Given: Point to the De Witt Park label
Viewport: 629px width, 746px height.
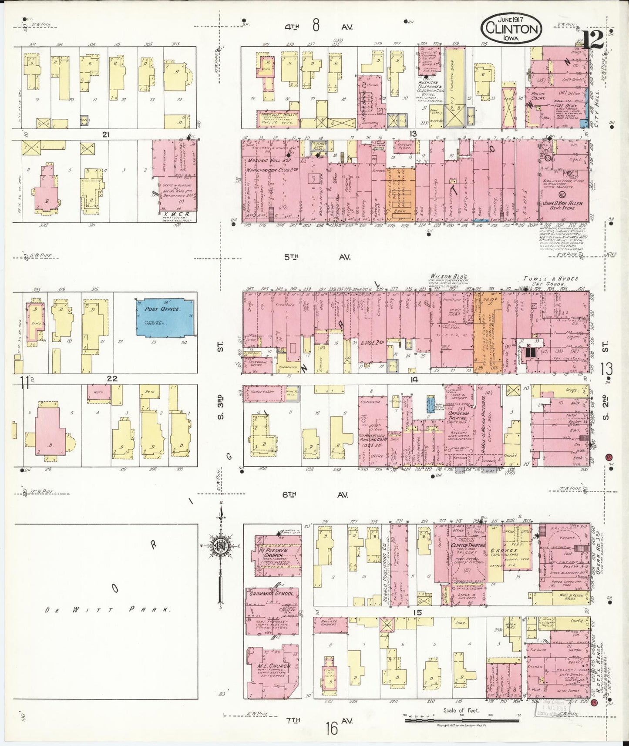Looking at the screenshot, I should pos(107,610).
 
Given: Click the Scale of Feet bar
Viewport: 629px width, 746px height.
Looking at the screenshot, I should pos(461,720).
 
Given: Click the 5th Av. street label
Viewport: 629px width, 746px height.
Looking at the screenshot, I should pos(317,257).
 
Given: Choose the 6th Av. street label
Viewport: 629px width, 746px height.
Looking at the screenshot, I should pos(316,494).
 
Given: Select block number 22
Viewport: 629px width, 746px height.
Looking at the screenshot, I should pos(112,378).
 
